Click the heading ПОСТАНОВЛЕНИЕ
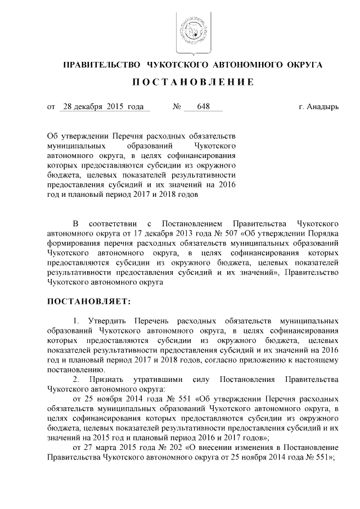(192, 82)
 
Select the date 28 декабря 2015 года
(103, 106)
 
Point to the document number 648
(196, 106)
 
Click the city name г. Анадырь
(319, 106)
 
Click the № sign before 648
(176, 106)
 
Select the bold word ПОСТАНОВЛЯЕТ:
(89, 301)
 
